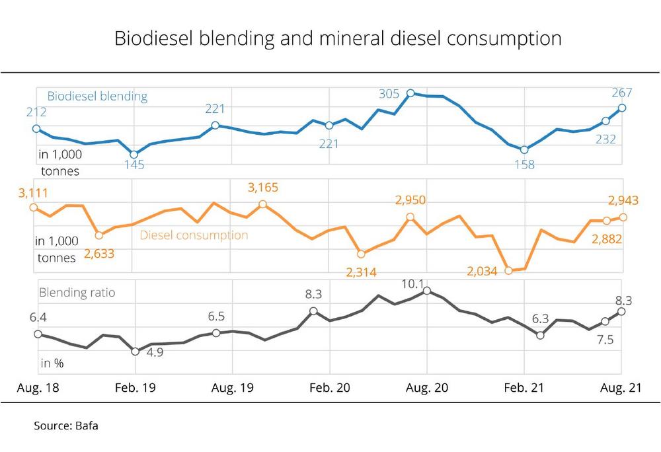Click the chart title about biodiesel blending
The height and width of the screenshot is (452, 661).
338,38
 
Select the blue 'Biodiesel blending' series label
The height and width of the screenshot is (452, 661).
97,96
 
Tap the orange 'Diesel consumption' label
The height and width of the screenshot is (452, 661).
194,235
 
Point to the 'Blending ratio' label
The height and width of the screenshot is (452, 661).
77,292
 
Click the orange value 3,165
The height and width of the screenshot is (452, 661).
263,188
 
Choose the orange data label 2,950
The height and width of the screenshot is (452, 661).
410,200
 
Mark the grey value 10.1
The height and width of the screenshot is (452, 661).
412,283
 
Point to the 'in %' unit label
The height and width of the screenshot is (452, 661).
52,363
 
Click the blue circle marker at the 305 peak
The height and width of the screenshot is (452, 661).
410,94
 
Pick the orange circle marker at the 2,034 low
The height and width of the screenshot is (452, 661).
508,270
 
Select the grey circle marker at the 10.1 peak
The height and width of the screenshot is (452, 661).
428,290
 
